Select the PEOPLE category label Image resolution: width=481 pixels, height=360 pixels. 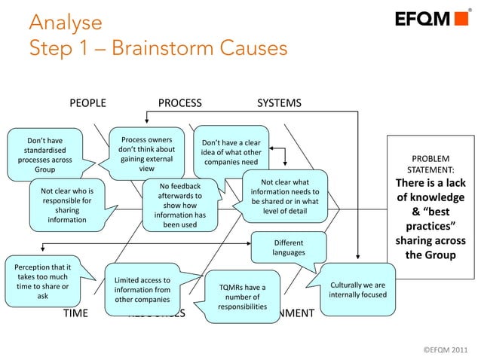(87, 102)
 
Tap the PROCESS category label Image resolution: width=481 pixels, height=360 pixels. (179, 102)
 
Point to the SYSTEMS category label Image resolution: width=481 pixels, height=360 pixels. (279, 102)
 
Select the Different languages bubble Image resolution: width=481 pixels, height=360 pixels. (289, 248)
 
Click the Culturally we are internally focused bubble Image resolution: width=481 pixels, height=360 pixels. (358, 290)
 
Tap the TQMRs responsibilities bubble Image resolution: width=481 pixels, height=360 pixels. (242, 297)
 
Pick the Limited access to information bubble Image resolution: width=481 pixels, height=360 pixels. (142, 289)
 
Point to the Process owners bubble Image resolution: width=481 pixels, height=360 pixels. (146, 154)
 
